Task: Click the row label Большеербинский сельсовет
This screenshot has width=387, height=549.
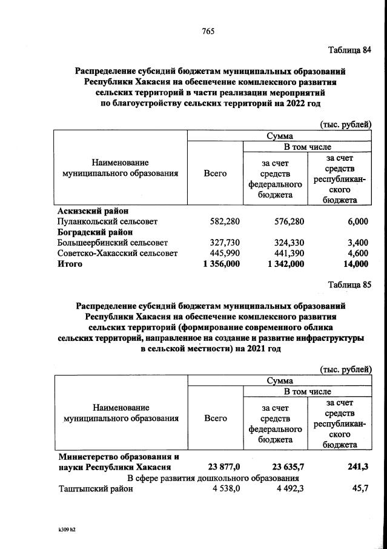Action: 108,243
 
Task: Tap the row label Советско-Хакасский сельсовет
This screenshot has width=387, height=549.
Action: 117,253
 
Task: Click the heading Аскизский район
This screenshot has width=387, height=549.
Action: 93,211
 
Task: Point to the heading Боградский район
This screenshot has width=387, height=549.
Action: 94,232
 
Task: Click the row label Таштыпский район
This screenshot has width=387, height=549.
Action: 91,489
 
